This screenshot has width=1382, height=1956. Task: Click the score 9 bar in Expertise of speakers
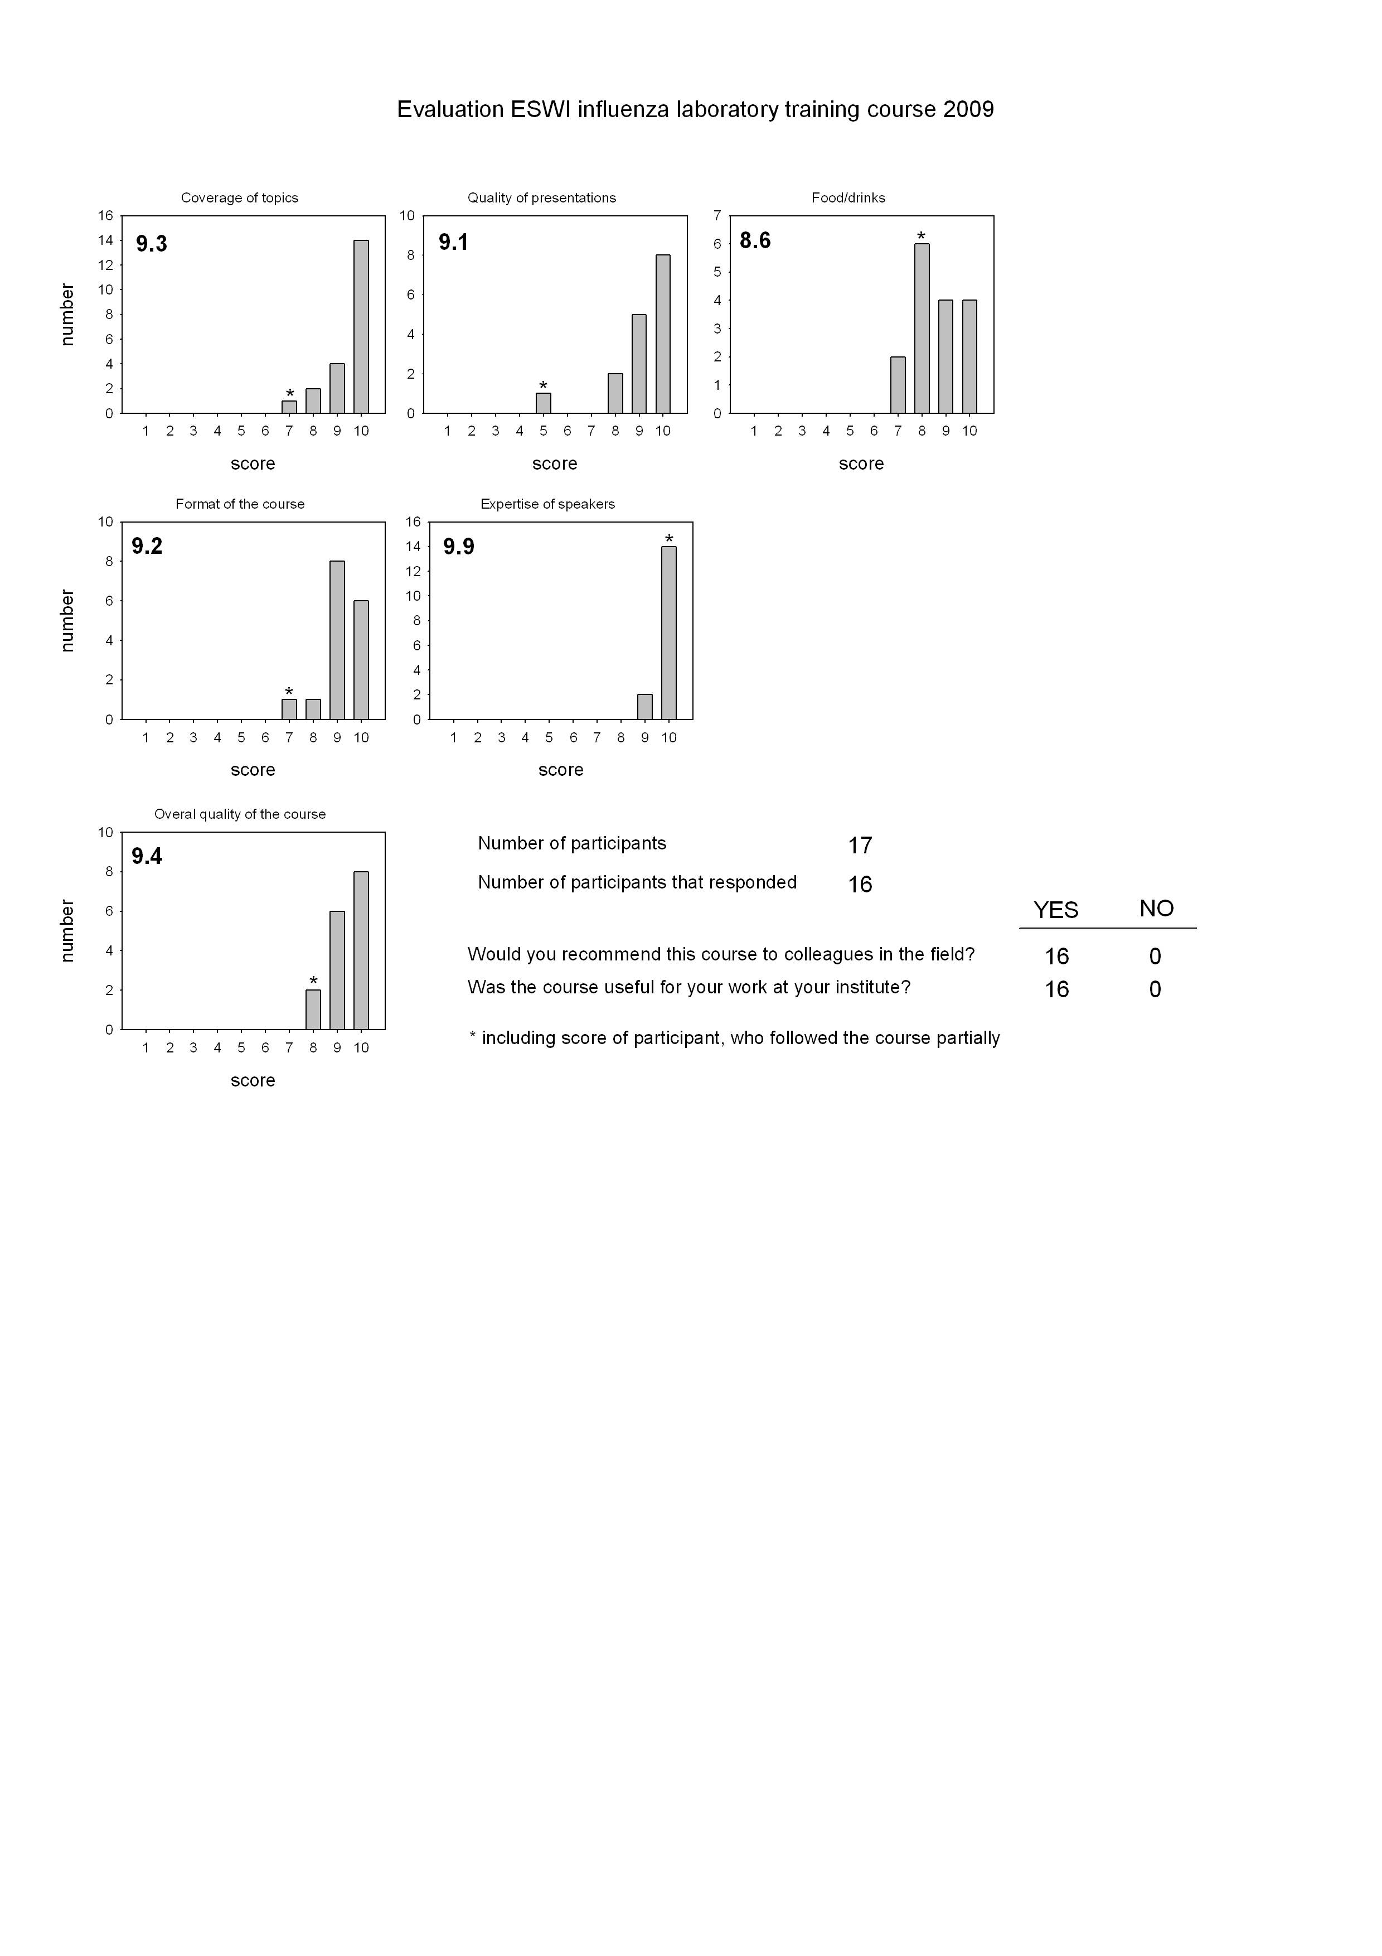tap(644, 707)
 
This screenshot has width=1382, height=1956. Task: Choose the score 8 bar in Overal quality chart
tap(313, 1010)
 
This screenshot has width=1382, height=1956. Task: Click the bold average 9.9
tap(459, 547)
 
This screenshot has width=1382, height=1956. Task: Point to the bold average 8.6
tap(755, 241)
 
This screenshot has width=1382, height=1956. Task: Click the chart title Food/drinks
tap(848, 197)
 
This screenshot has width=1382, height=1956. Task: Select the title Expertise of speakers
tap(547, 504)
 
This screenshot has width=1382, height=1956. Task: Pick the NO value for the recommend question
tap(1155, 957)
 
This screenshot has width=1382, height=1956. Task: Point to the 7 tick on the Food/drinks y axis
tap(718, 215)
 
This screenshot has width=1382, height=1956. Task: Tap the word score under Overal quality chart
tap(253, 1080)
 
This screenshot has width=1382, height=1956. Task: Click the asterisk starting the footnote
tap(473, 1036)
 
